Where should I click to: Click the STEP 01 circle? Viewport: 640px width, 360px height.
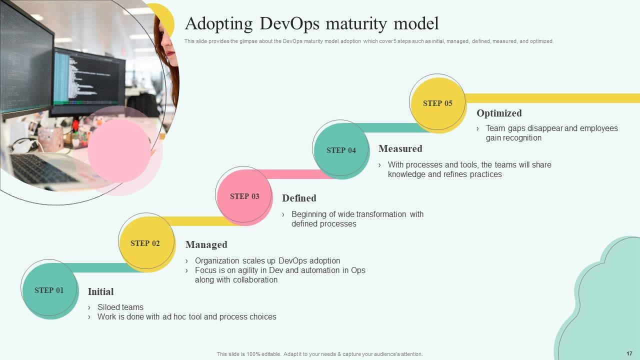click(x=49, y=290)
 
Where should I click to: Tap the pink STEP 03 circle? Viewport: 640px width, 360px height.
click(x=244, y=196)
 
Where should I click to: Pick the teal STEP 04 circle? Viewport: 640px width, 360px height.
click(x=341, y=150)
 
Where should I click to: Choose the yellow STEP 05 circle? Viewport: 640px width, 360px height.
click(x=437, y=103)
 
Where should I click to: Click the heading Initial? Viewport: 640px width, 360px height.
click(x=100, y=291)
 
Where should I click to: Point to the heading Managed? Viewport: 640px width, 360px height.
click(x=206, y=244)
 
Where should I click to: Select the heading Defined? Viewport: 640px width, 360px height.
click(x=299, y=198)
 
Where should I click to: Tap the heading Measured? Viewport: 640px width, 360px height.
click(x=400, y=148)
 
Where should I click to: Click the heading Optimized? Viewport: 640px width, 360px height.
click(x=499, y=113)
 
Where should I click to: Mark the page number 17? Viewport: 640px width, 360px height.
click(x=629, y=353)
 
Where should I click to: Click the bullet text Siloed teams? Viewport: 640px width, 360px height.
click(x=120, y=307)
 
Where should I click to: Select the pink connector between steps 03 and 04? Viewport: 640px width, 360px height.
click(x=295, y=174)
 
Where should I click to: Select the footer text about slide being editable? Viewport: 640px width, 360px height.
click(x=319, y=354)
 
